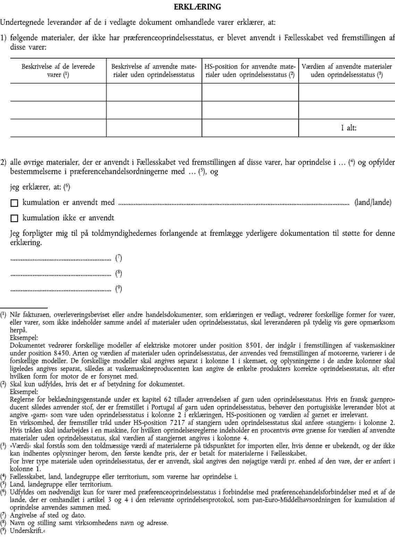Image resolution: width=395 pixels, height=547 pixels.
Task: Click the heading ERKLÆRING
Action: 197,7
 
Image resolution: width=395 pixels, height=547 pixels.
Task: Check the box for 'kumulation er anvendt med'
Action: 14,203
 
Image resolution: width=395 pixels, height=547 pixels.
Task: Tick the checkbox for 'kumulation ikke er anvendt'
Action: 14,218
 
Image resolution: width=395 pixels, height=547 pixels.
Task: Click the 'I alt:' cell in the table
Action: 348,128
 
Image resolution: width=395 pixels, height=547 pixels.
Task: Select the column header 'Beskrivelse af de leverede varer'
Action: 58,71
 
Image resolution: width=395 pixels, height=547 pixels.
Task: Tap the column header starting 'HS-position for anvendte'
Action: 250,71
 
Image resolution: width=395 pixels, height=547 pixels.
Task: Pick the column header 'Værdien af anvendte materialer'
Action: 347,71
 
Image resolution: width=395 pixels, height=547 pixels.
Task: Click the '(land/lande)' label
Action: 373,202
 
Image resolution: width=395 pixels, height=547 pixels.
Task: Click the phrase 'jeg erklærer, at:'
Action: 36,187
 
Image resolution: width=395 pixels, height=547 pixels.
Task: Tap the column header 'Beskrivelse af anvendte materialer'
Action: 154,71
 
